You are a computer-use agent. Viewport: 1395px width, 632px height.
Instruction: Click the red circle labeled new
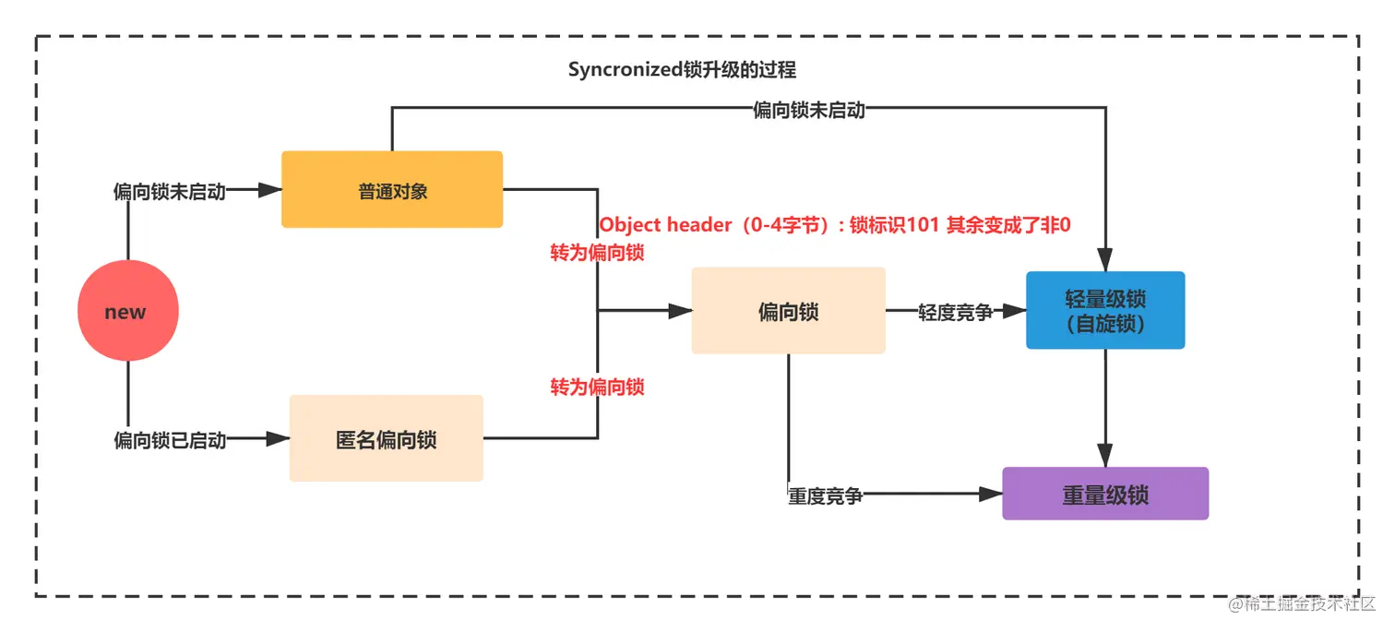pos(127,312)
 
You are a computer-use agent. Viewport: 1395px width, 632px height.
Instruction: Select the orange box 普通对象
pos(392,190)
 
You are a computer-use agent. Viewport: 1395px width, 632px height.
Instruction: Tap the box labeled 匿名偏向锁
pos(386,439)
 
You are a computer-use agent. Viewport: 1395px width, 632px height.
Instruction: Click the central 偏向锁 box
pos(788,312)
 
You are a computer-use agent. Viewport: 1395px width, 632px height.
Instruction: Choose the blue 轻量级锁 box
pos(1104,311)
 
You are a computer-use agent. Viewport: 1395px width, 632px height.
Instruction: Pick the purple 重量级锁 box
pos(1104,495)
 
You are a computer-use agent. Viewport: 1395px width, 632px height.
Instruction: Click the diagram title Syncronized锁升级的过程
pos(682,70)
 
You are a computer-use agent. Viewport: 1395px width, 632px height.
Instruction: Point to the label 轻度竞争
pos(955,313)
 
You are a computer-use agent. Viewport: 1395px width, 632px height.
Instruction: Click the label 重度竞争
pos(825,495)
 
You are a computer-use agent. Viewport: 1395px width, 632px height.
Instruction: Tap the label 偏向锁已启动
pos(169,440)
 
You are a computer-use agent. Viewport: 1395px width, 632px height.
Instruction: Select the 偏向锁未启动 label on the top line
pos(809,110)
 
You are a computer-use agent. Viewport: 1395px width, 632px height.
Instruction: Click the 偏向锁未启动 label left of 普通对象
pos(169,191)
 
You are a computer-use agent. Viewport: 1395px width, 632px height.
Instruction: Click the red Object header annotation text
pos(834,225)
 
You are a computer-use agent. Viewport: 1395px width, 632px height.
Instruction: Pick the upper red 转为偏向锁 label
pos(597,253)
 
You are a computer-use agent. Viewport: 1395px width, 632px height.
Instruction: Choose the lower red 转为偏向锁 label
pos(597,387)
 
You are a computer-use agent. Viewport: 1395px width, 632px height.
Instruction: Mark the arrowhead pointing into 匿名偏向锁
pos(278,440)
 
